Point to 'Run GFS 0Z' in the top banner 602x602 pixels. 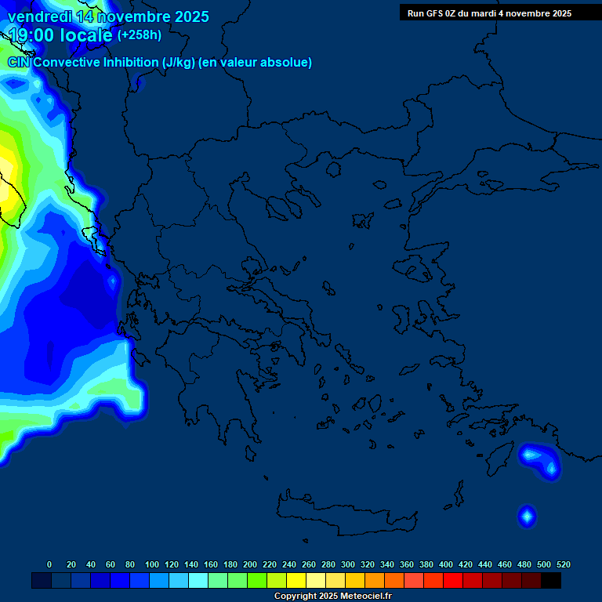[x=433, y=13]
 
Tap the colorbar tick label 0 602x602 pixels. [x=49, y=564]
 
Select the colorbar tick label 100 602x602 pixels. [x=152, y=564]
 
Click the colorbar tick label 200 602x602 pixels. [x=250, y=564]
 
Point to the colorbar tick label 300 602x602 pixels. [x=348, y=564]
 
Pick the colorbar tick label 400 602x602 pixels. [x=446, y=564]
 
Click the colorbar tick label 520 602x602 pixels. [x=564, y=564]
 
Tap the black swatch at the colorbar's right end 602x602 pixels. [x=551, y=580]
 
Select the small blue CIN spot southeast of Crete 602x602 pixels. [x=527, y=515]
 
